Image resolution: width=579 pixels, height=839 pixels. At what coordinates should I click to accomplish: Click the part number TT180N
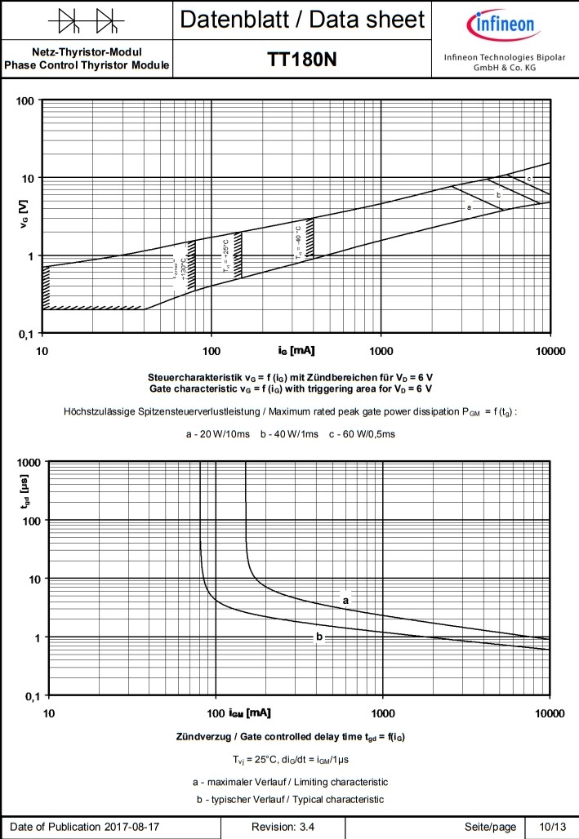click(x=302, y=60)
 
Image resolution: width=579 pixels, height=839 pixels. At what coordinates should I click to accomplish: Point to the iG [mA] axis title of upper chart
click(x=296, y=350)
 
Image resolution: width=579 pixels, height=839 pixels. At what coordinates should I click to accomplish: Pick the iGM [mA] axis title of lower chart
click(x=247, y=713)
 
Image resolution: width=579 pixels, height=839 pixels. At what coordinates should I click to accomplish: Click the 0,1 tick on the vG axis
click(x=27, y=334)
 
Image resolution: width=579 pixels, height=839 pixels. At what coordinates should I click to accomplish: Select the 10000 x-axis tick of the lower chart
click(x=549, y=713)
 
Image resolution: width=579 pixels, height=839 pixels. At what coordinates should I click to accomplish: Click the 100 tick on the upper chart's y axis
click(x=26, y=101)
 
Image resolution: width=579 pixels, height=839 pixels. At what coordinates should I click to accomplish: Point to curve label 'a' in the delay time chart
click(x=345, y=600)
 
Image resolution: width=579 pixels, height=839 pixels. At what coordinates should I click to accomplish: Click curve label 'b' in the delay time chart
click(x=319, y=637)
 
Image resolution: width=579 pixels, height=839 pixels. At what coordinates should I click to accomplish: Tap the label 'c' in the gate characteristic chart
click(x=528, y=179)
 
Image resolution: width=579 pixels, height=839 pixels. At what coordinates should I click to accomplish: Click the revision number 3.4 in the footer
click(x=306, y=827)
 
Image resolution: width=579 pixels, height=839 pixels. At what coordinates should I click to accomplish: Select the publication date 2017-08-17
click(x=132, y=827)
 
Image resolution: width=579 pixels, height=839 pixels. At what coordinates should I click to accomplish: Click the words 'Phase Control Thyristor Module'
click(x=87, y=65)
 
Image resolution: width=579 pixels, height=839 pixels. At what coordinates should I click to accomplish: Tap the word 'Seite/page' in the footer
click(x=490, y=827)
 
